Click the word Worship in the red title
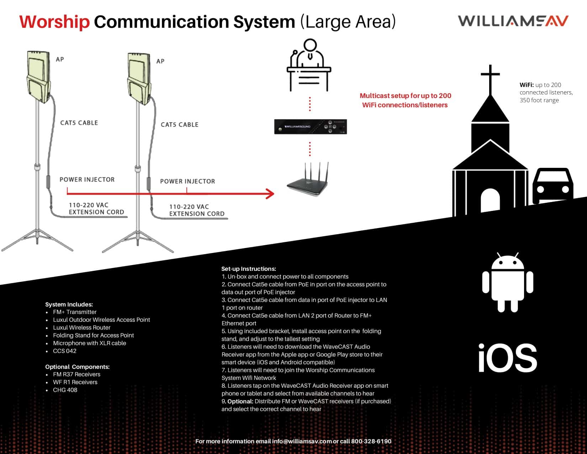(54, 22)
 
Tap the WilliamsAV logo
(513, 21)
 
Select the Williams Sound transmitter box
(310, 127)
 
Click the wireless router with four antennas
(307, 181)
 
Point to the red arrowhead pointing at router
(270, 194)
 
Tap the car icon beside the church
(552, 185)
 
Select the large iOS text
(508, 358)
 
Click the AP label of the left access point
(60, 59)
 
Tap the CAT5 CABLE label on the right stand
(179, 125)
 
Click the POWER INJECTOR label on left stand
(87, 180)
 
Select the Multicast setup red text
(405, 100)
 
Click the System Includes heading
(69, 304)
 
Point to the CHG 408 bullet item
(65, 390)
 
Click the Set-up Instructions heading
(249, 269)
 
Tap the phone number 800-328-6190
(371, 441)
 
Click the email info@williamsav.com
(302, 441)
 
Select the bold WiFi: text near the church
(527, 85)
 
